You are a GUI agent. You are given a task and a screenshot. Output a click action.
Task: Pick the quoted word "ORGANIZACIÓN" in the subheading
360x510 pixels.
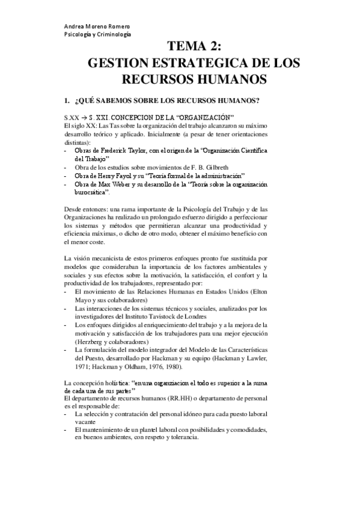coord(203,116)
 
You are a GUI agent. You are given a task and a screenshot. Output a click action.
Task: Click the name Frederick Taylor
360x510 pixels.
coord(124,149)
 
